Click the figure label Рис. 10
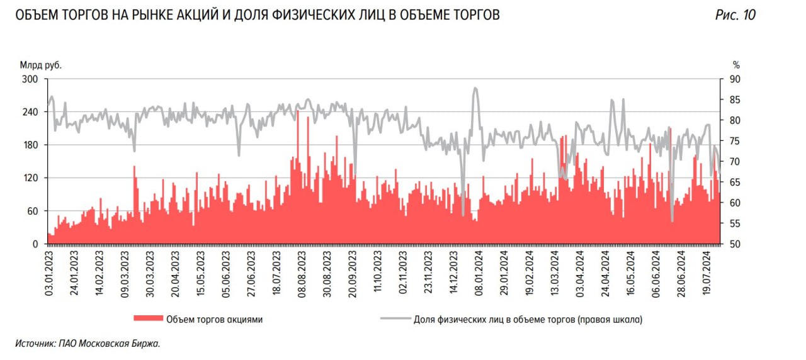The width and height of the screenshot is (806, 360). [x=735, y=15]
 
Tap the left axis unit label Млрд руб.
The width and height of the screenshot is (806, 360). [x=42, y=64]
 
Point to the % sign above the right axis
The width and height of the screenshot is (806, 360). [x=736, y=64]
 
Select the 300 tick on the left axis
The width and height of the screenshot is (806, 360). [x=31, y=79]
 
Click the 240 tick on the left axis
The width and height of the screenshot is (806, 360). [x=31, y=112]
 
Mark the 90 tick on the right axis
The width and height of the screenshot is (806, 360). [x=735, y=79]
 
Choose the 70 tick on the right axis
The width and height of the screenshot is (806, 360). [x=735, y=162]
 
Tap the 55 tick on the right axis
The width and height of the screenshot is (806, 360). [x=735, y=223]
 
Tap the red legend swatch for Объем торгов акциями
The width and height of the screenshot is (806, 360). [x=147, y=319]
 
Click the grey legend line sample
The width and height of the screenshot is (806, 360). [x=395, y=319]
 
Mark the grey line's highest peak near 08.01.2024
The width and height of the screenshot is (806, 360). [x=475, y=88]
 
